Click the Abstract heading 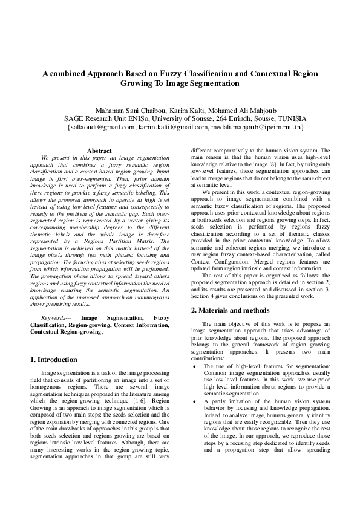[x=99, y=151]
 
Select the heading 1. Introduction [x=54, y=360]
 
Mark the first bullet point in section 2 [x=193, y=366]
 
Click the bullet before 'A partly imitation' [x=193, y=400]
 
